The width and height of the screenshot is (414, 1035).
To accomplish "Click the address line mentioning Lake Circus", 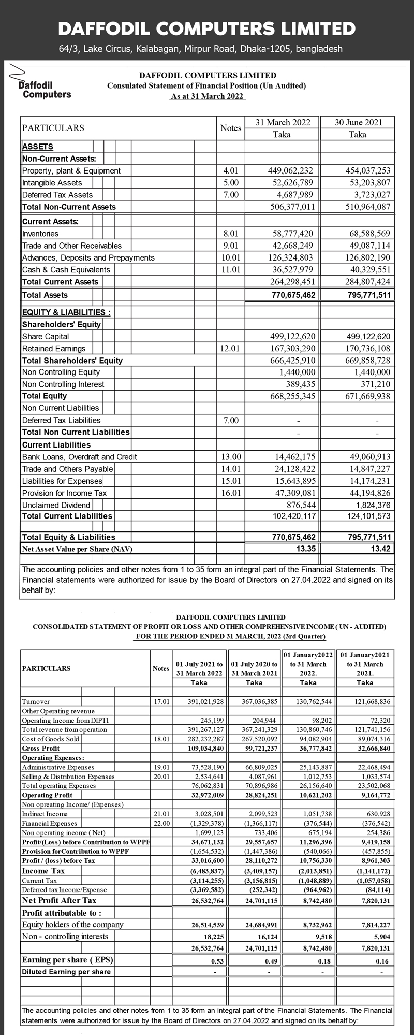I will [201, 49].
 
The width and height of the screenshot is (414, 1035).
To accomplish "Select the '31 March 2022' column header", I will [283, 122].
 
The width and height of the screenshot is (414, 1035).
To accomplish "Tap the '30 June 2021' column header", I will [358, 122].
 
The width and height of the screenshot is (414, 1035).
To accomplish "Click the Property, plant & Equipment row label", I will [71, 171].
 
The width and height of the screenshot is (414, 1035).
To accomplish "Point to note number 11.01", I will [231, 270].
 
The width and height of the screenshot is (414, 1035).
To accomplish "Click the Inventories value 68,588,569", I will [369, 234].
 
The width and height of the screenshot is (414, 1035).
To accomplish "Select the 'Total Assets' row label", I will [45, 295].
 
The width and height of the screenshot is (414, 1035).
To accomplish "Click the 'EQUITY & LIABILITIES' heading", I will [66, 312].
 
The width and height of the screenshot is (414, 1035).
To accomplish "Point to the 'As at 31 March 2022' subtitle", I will [208, 96].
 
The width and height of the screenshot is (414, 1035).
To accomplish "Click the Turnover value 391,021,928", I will [205, 702].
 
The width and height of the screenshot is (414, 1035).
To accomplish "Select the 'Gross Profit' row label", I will [41, 749].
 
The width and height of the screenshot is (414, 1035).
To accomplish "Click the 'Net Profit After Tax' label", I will [59, 900].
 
